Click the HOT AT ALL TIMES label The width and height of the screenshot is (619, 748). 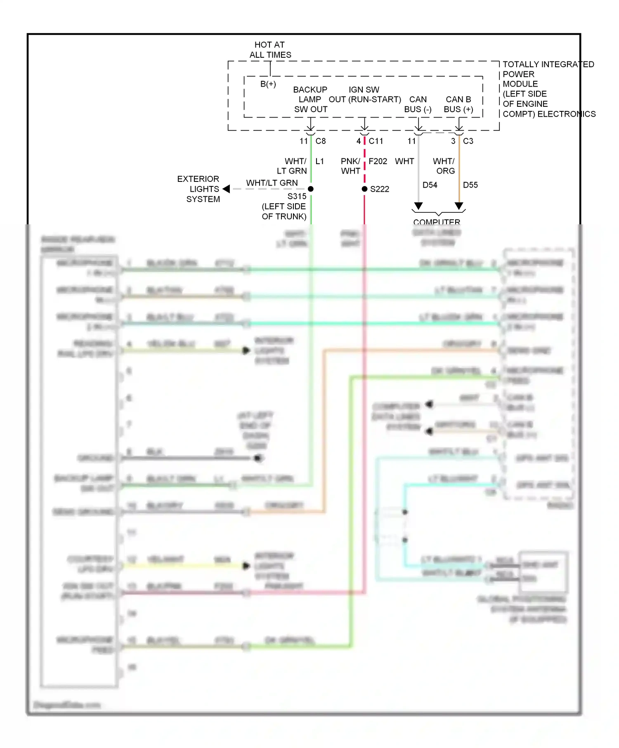(x=270, y=50)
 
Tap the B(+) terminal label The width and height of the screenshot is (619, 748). (x=268, y=84)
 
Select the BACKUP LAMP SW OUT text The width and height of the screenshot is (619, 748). (x=310, y=99)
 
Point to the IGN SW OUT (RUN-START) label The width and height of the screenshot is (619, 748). (x=364, y=95)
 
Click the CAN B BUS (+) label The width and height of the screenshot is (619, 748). (x=458, y=104)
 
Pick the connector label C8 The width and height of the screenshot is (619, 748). (x=321, y=141)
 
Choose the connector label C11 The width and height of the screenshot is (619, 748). (x=376, y=141)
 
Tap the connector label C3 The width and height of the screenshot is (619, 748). (x=468, y=141)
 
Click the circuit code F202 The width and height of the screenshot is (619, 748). (x=378, y=161)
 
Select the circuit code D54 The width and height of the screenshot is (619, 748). (x=430, y=185)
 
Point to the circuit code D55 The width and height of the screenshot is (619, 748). (x=470, y=185)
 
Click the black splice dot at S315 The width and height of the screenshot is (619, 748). (x=311, y=189)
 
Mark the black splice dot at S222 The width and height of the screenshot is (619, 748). (x=364, y=189)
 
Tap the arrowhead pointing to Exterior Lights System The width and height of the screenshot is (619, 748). (x=226, y=189)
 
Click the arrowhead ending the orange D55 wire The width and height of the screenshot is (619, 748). (x=459, y=206)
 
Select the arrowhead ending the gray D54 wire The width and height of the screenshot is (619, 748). (x=418, y=206)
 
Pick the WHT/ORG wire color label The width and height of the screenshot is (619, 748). (x=444, y=166)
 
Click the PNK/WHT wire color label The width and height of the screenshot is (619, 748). (x=350, y=166)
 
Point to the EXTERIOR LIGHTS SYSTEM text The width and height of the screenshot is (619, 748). (x=198, y=189)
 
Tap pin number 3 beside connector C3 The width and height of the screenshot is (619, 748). (x=453, y=141)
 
